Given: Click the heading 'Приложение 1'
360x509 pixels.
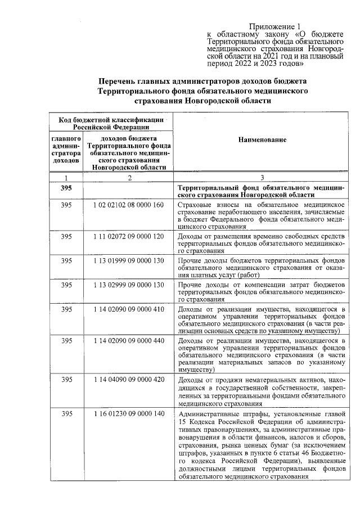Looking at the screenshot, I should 275,26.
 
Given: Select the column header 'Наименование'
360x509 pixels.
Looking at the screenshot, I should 262,139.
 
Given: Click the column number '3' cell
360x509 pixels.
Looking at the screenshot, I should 262,178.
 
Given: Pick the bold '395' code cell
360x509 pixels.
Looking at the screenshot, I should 66,188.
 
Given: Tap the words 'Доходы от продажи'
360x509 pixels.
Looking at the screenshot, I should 209,380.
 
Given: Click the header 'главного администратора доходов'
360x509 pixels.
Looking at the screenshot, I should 66,150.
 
